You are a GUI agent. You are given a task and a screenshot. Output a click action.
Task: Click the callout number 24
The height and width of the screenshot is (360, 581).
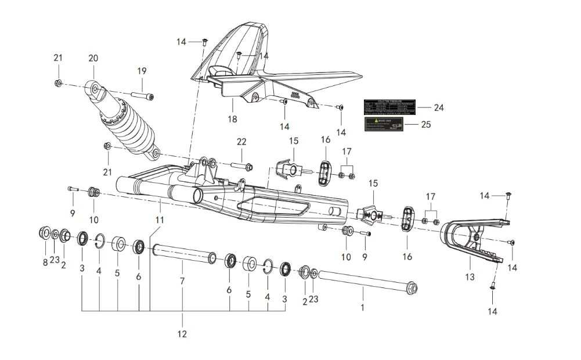pyautogui.click(x=439, y=107)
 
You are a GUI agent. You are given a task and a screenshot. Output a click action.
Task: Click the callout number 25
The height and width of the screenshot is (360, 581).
pyautogui.click(x=427, y=124)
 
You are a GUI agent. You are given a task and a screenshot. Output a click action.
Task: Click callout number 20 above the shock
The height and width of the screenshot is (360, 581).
pyautogui.click(x=93, y=58)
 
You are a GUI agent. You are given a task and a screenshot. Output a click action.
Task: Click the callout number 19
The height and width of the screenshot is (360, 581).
pyautogui.click(x=142, y=71)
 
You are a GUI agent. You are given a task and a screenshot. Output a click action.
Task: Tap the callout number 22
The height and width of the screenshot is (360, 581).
pyautogui.click(x=242, y=142)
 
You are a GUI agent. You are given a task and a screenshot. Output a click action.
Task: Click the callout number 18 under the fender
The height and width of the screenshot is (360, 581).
pyautogui.click(x=233, y=120)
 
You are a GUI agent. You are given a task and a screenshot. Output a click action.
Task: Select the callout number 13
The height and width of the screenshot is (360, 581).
pyautogui.click(x=470, y=277)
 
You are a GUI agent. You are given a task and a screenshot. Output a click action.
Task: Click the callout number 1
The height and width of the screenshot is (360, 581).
pyautogui.click(x=363, y=307)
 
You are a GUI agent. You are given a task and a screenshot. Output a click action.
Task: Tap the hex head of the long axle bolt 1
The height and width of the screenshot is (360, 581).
pyautogui.click(x=412, y=287)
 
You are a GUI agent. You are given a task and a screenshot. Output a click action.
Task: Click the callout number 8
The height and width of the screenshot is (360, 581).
pyautogui.click(x=45, y=262)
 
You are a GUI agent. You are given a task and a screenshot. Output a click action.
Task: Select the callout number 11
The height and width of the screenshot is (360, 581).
pyautogui.click(x=160, y=220)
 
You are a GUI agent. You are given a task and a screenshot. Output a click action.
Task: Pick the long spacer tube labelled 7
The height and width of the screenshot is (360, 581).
pyautogui.click(x=183, y=254)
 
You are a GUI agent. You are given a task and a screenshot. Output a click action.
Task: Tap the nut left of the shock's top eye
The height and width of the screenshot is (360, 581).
pyautogui.click(x=59, y=84)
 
